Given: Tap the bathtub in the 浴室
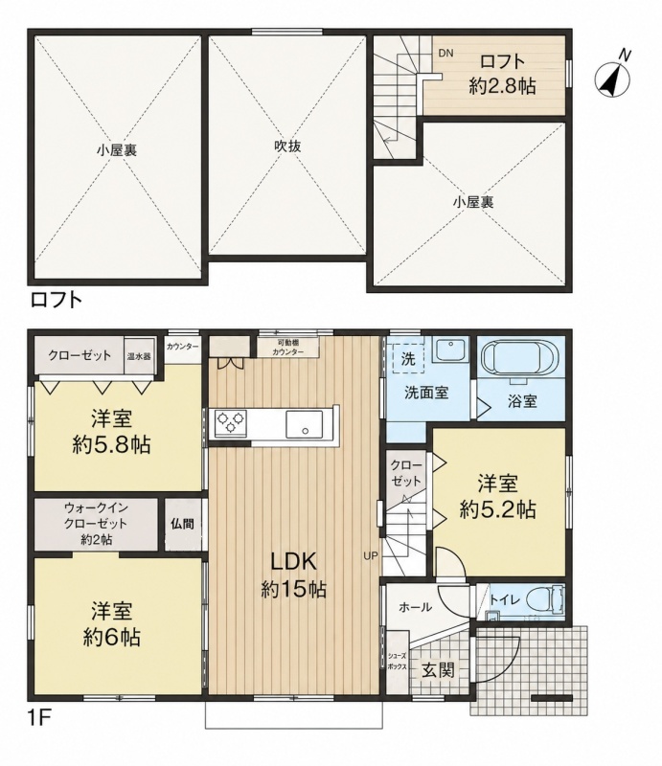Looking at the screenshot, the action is (x=520, y=358).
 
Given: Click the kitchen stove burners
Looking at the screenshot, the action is (x=230, y=423).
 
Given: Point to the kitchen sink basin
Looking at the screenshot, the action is (x=304, y=423).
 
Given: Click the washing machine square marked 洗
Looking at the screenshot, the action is (x=408, y=359).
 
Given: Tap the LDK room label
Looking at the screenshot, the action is (x=293, y=561).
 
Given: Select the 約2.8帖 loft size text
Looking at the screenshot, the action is (x=502, y=86).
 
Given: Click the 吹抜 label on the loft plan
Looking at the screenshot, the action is (x=287, y=146).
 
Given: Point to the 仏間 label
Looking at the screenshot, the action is (x=182, y=524).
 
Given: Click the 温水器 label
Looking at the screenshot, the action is (x=139, y=356).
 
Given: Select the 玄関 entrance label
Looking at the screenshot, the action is (x=438, y=670).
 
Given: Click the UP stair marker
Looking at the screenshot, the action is (x=371, y=555).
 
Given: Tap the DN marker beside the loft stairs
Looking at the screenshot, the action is (x=445, y=54).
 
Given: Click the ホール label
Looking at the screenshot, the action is (x=415, y=607).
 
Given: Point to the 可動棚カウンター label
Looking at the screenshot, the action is (x=288, y=348).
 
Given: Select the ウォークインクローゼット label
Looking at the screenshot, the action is (x=97, y=523).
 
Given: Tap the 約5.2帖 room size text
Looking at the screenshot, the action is (x=498, y=509).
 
